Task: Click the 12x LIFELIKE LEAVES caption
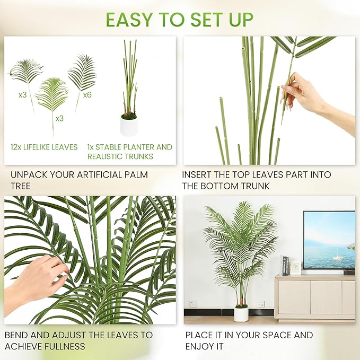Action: [x=44, y=147]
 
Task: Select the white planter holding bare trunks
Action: [x=129, y=126]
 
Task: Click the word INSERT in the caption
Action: [x=199, y=174]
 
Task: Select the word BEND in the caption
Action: [x=16, y=335]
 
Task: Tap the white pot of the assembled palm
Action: [x=241, y=313]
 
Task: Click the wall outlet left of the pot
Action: [x=194, y=304]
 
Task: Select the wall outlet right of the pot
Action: [x=261, y=304]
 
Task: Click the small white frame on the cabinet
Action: [x=295, y=268]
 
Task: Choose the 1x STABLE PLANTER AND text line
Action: [x=130, y=147]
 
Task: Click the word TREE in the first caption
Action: [x=21, y=186]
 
